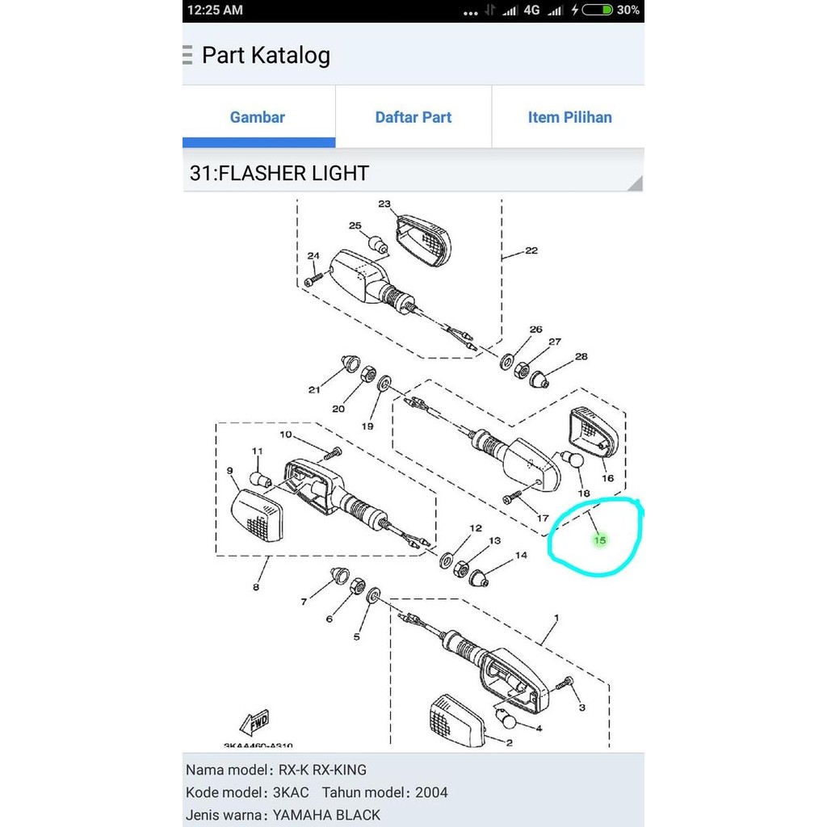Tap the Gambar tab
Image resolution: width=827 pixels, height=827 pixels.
click(x=258, y=117)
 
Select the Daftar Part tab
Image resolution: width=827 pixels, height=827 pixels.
click(x=413, y=117)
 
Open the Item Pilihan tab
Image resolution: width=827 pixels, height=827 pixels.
click(x=569, y=117)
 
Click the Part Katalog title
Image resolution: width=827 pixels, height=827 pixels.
click(x=266, y=56)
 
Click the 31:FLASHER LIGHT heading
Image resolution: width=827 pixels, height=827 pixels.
click(x=279, y=173)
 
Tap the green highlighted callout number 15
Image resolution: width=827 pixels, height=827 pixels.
click(x=599, y=539)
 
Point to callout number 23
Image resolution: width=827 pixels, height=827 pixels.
click(x=384, y=204)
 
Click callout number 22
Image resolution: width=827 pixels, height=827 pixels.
click(x=531, y=250)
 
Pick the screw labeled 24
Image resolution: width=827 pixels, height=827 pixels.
click(x=313, y=278)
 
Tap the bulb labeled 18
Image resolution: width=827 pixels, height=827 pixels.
click(x=572, y=461)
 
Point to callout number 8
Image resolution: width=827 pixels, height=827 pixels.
click(x=256, y=587)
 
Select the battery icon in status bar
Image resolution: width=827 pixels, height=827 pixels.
click(x=597, y=10)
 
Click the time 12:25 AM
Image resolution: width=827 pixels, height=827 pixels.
click(x=215, y=10)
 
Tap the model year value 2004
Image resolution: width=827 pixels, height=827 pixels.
click(x=431, y=792)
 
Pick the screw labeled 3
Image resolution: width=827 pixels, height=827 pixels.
click(x=569, y=683)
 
